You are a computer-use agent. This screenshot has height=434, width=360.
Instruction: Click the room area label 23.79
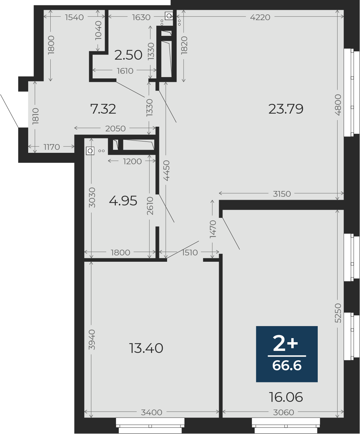point(286,109)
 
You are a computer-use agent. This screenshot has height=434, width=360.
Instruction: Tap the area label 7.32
point(103,109)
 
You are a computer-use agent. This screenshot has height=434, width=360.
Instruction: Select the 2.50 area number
point(128,55)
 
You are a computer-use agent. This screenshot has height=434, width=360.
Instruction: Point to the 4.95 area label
point(123,201)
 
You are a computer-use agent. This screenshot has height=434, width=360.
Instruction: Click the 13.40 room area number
point(146,348)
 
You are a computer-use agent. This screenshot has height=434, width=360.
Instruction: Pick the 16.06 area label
point(286,397)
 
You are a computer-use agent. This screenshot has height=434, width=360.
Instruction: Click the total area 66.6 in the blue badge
point(287,365)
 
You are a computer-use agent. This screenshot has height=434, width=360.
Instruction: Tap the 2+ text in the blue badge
point(285,344)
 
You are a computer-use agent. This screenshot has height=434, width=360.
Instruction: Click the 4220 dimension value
point(260,17)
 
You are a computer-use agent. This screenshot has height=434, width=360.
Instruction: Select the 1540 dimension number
point(74,17)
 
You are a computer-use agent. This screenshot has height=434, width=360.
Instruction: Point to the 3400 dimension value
point(152,412)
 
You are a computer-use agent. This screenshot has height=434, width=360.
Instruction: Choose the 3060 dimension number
point(284,412)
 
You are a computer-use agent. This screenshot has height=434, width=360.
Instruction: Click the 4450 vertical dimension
point(167,171)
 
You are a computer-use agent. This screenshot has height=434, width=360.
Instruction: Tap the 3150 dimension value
point(282,194)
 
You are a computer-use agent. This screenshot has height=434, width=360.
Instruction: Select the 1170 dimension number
point(52,147)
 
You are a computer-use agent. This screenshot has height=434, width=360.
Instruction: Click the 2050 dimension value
point(115,128)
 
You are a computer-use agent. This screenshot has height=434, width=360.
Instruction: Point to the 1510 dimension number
point(190,253)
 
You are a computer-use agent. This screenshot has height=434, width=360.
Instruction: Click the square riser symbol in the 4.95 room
point(90,151)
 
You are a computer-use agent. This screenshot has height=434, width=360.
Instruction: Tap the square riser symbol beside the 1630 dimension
point(169,16)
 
